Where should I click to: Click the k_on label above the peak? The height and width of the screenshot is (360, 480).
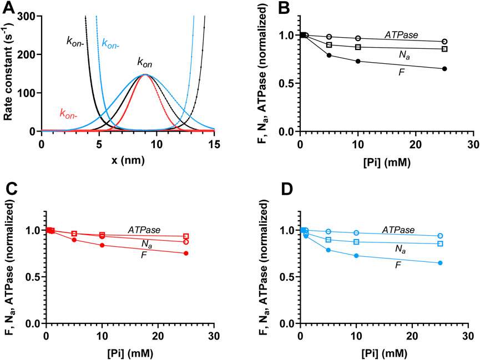[x=145, y=63]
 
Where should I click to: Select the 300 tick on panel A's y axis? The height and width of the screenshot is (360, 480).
[x=29, y=17]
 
